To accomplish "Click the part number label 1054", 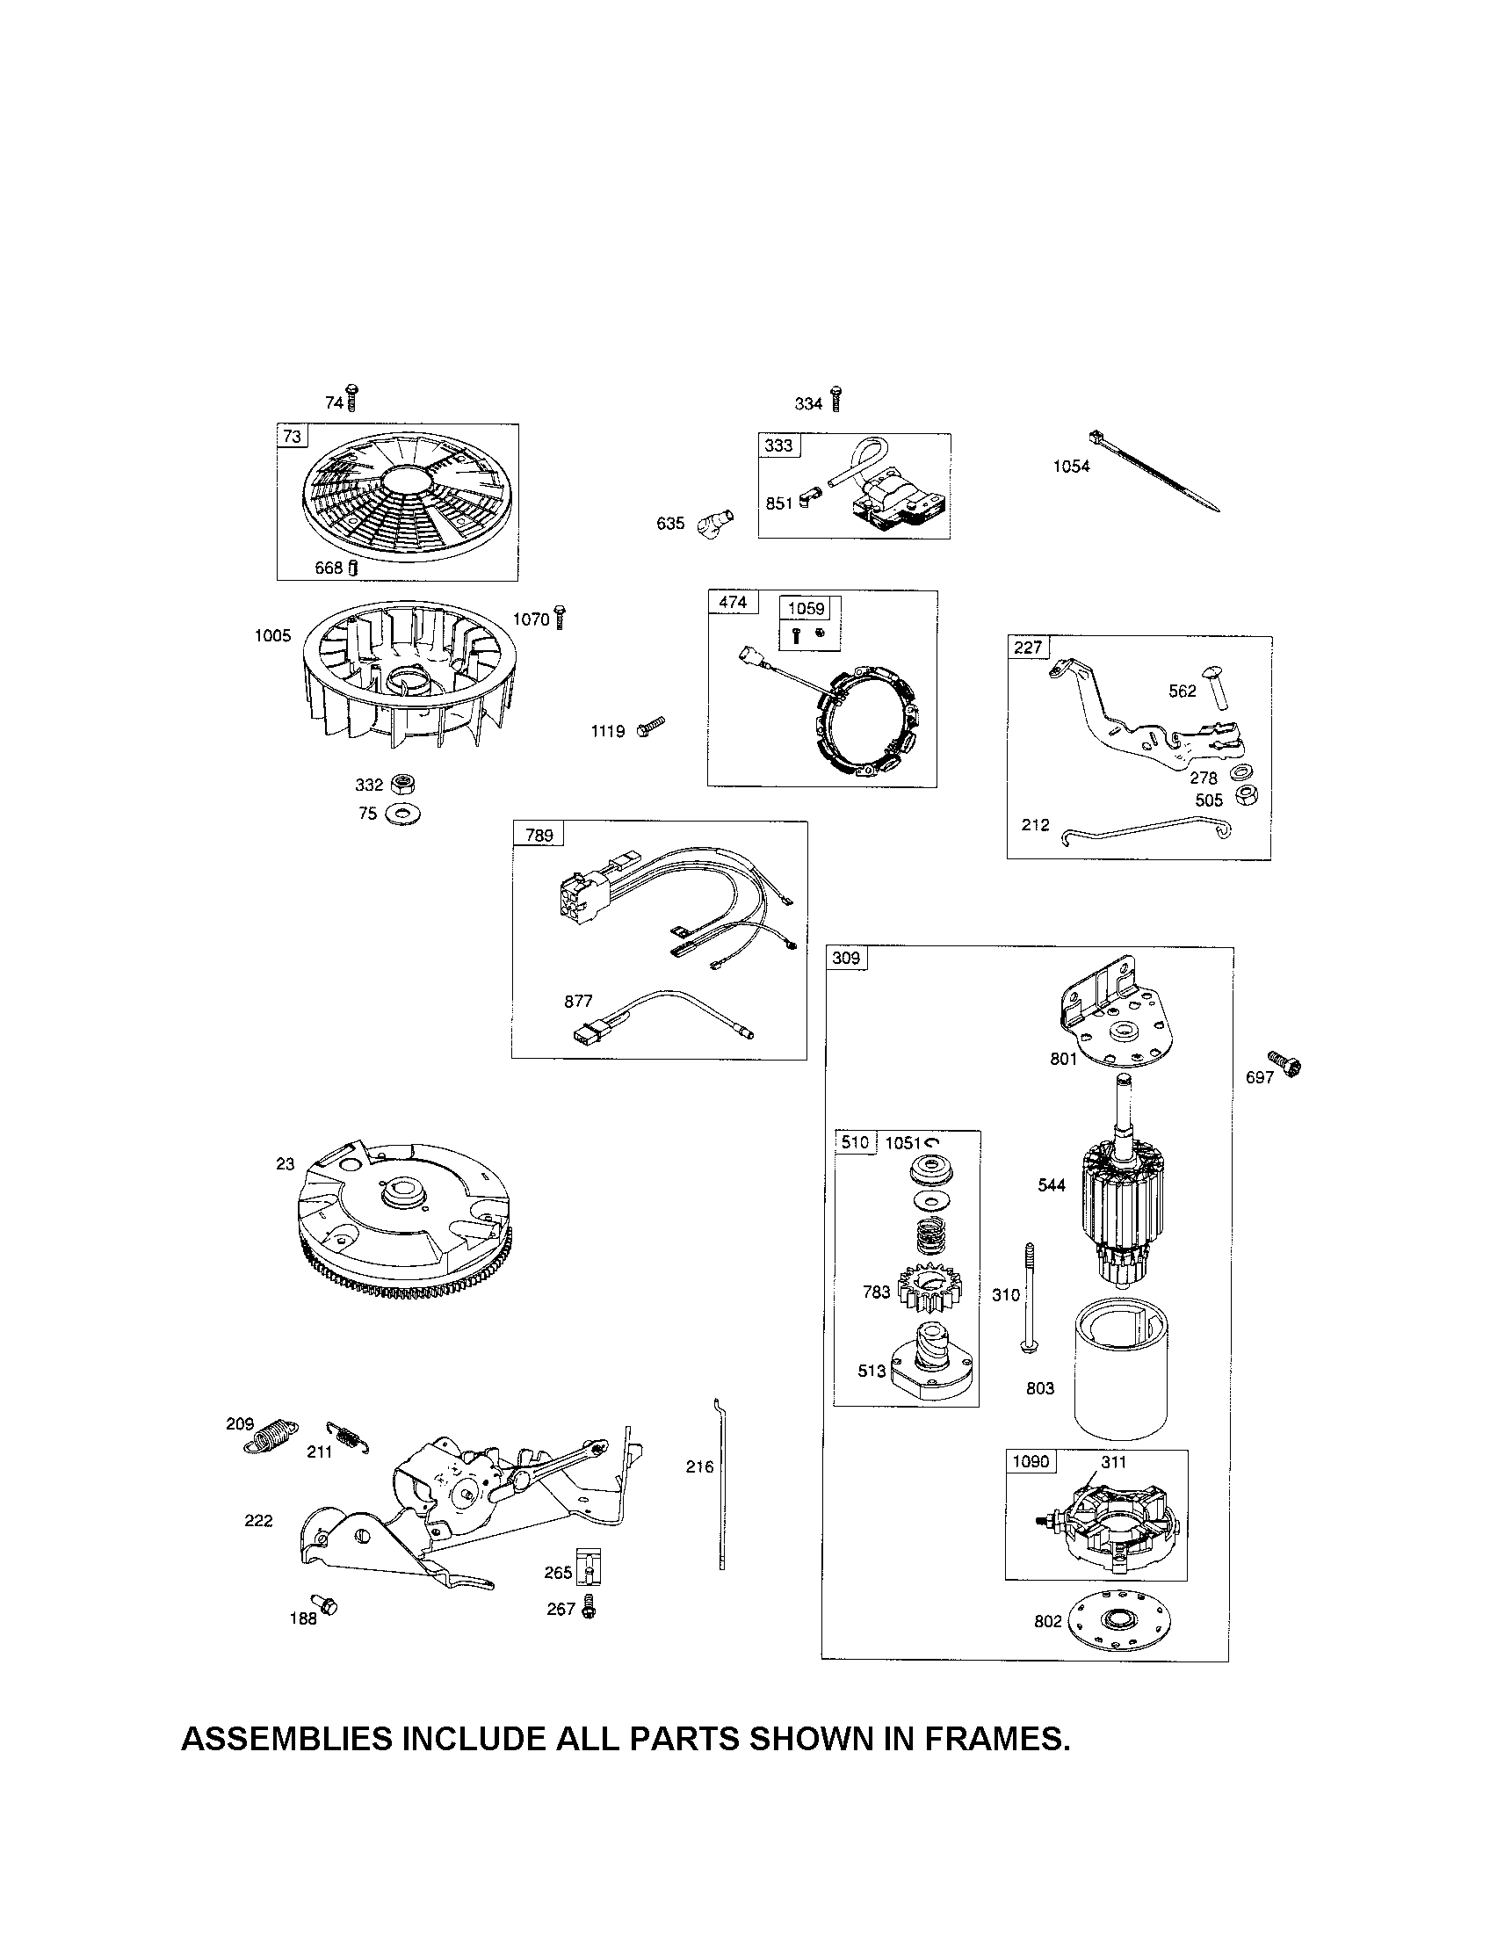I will pos(1071,467).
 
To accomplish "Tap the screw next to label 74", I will pos(352,398).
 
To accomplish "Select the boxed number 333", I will pos(778,445).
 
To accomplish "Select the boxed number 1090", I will pos(1030,1461).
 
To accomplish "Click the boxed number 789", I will pos(539,835).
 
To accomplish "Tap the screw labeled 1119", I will pos(650,728).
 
